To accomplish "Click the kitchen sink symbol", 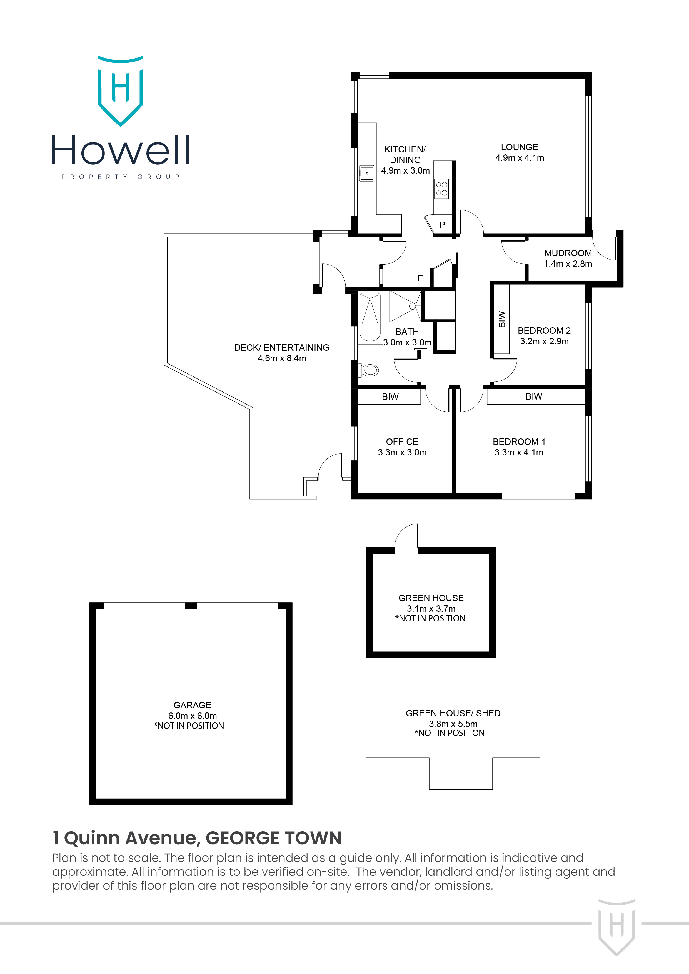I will [366, 173].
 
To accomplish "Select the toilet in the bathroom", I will [369, 370].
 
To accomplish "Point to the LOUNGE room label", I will [519, 147].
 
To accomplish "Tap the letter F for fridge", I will [420, 278].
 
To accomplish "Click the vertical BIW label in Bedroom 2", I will [502, 319].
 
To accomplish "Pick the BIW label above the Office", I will [390, 397].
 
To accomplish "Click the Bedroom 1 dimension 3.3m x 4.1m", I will [518, 453].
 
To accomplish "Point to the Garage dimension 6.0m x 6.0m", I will [192, 716].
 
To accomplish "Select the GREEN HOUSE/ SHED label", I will [453, 713].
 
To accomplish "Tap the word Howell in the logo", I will [121, 150].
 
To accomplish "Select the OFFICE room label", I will [402, 442].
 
